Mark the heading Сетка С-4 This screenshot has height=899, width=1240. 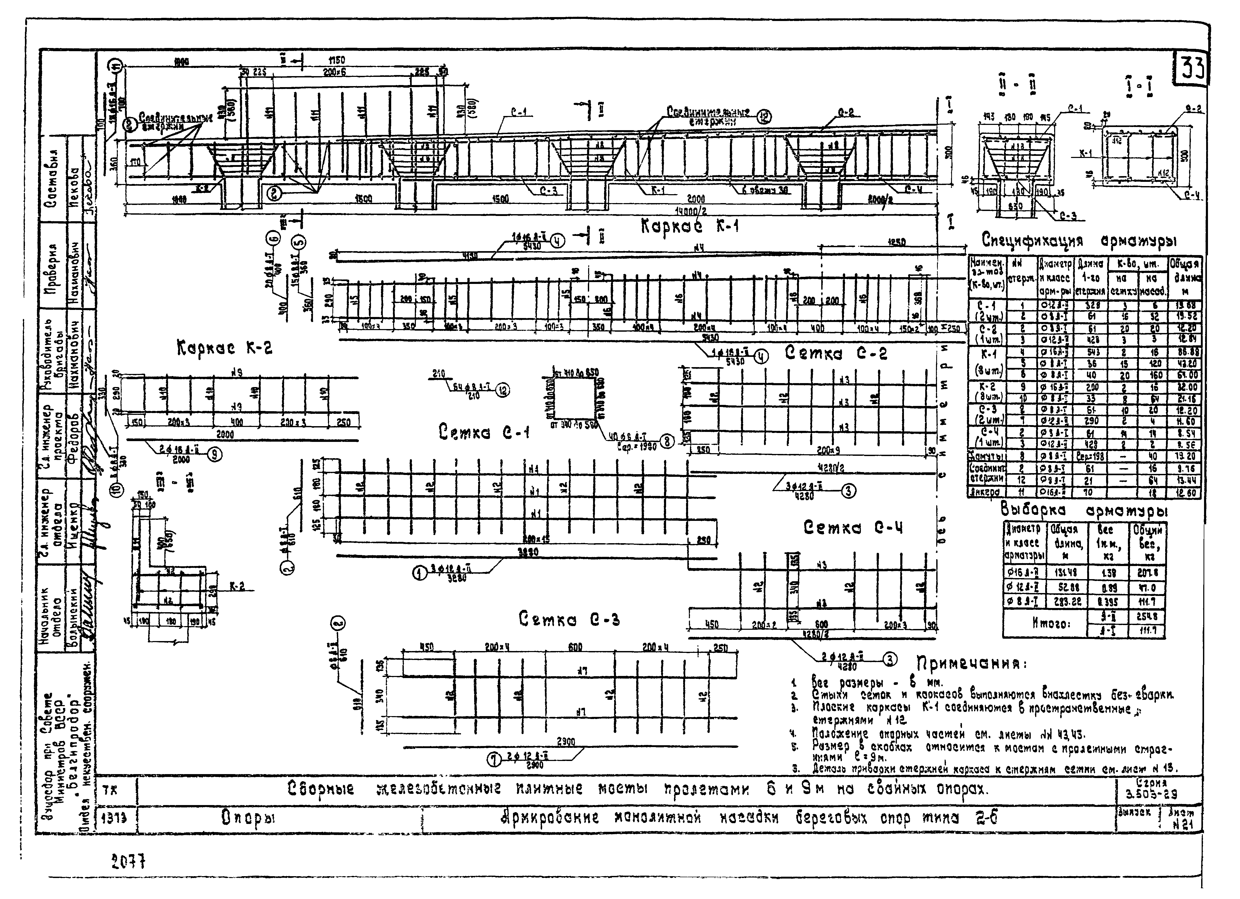coord(853,528)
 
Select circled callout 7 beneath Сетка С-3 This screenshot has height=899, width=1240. coord(495,759)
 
